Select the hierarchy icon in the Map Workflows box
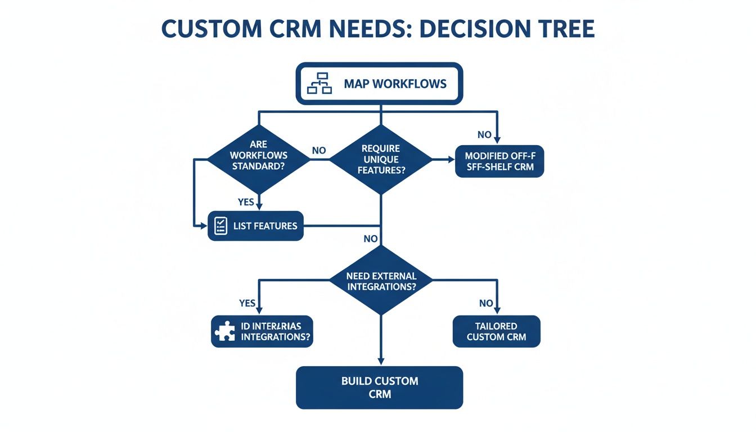pyautogui.click(x=319, y=84)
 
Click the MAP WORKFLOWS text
pyautogui.click(x=395, y=84)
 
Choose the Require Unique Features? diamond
pyautogui.click(x=381, y=159)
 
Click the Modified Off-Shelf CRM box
pyautogui.click(x=499, y=161)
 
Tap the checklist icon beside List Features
pyautogui.click(x=220, y=226)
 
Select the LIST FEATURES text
pyautogui.click(x=265, y=226)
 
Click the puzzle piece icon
pyautogui.click(x=225, y=331)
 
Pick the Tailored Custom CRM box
pyautogui.click(x=496, y=331)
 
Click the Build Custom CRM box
pyautogui.click(x=380, y=387)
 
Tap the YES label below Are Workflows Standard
pyautogui.click(x=246, y=202)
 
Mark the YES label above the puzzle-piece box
pyautogui.click(x=247, y=303)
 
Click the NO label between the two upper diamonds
pyautogui.click(x=319, y=151)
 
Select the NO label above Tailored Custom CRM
pyautogui.click(x=486, y=303)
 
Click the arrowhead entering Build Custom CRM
pyautogui.click(x=381, y=362)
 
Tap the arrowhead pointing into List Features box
pyautogui.click(x=204, y=226)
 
